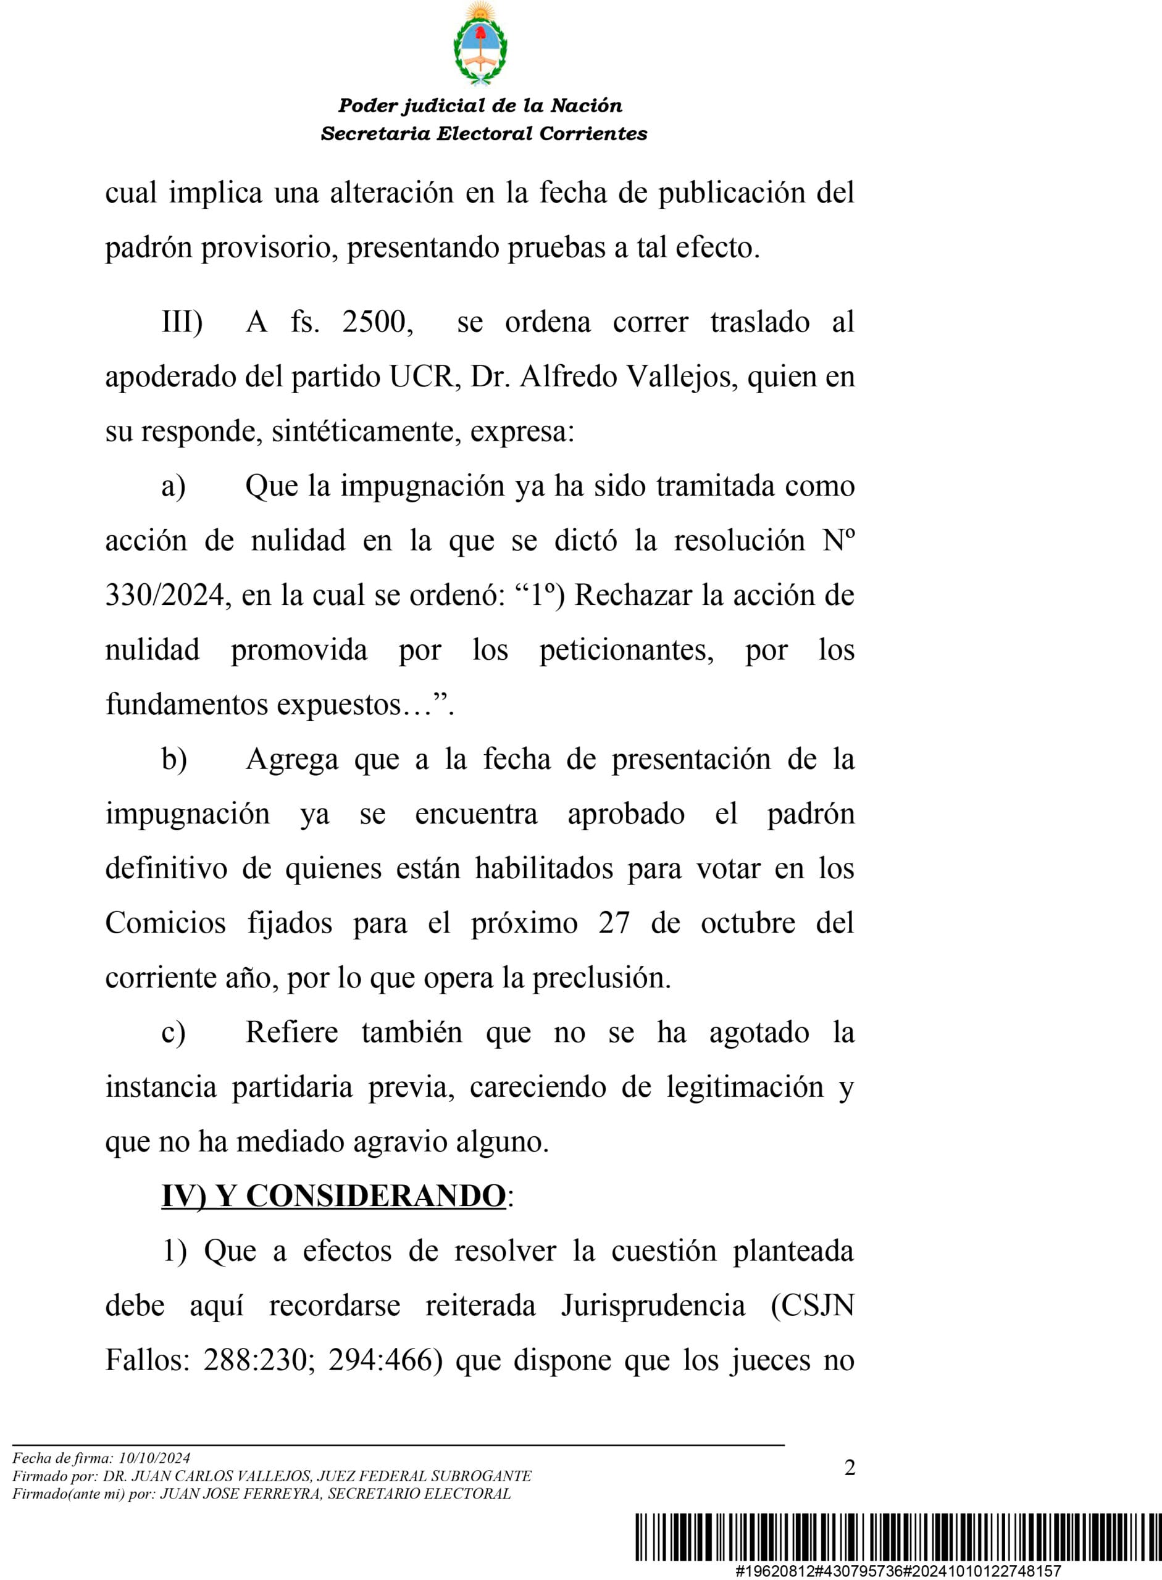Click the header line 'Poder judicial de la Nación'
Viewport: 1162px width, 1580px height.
pos(480,106)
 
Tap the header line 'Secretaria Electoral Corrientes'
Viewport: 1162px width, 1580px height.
pos(484,133)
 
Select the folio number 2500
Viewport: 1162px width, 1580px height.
pos(377,322)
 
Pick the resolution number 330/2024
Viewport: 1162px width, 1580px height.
pos(164,596)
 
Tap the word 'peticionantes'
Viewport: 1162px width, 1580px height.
pos(626,651)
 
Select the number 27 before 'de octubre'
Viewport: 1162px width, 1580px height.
pos(614,923)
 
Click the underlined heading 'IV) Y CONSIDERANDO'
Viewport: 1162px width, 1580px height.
pos(333,1196)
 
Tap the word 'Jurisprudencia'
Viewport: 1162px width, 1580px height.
pos(652,1306)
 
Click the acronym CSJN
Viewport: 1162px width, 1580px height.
pos(813,1306)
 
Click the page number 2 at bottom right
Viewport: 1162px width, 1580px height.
pos(850,1468)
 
